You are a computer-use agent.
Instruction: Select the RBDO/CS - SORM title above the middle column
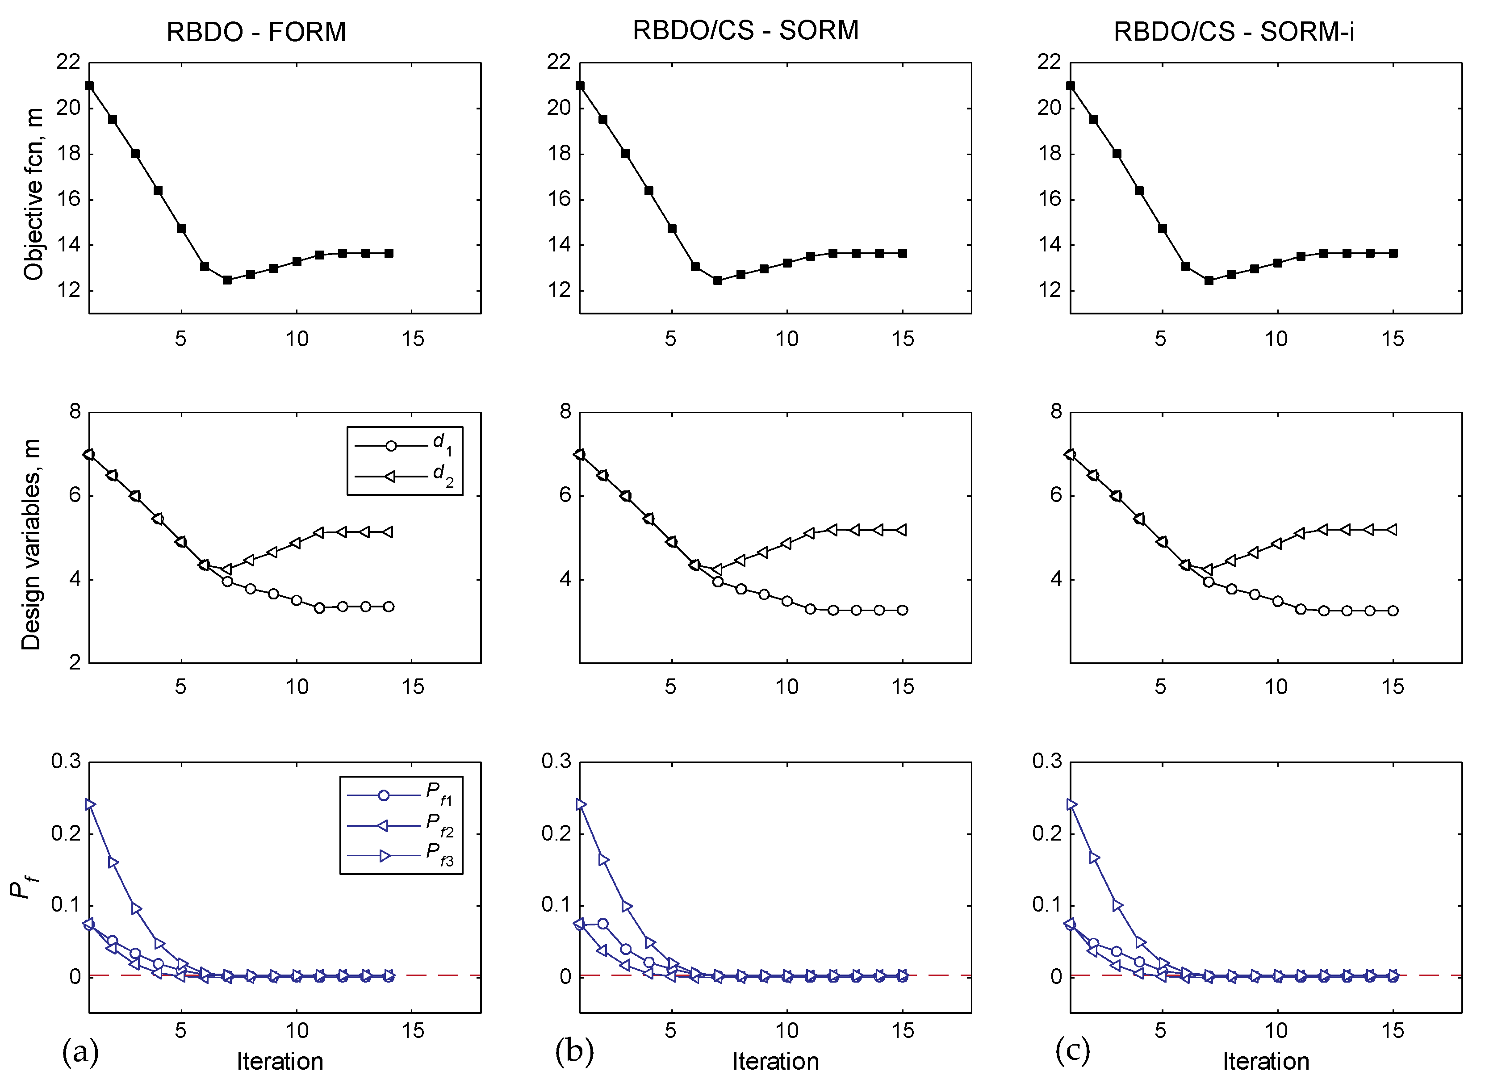tap(745, 30)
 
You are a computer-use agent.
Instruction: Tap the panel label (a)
tap(80, 1052)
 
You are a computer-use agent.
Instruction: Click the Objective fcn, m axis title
tap(33, 195)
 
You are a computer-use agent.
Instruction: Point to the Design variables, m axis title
tap(31, 544)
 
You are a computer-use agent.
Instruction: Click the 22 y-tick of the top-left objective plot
tap(68, 63)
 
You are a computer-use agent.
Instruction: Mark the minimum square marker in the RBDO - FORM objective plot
tap(227, 280)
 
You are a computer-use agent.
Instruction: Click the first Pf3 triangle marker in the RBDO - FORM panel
tap(90, 805)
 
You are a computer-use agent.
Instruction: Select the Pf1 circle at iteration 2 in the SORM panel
tap(602, 924)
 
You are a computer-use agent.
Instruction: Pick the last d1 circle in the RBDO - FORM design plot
tap(389, 607)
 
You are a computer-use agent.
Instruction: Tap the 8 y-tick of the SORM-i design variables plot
tap(1056, 412)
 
